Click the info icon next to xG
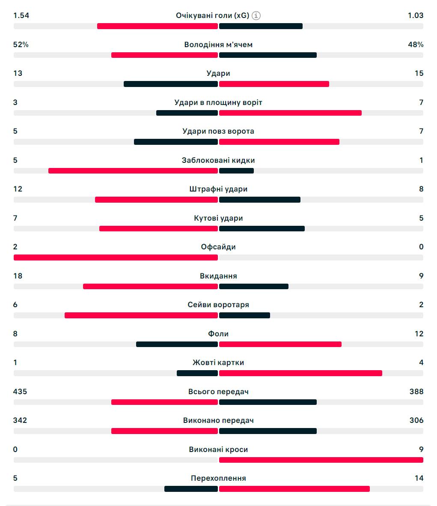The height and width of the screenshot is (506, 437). click(256, 16)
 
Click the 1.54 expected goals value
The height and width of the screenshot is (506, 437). click(21, 15)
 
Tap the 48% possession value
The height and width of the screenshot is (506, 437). click(416, 45)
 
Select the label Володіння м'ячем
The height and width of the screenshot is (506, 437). click(218, 45)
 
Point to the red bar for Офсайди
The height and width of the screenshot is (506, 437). click(116, 257)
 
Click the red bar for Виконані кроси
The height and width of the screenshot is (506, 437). click(321, 460)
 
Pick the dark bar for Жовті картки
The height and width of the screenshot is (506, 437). click(197, 373)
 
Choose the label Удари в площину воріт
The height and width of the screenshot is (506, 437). click(218, 102)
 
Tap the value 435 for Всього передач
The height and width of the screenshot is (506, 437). click(20, 392)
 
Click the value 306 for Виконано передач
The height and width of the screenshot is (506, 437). click(416, 420)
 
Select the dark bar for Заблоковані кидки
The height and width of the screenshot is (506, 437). click(236, 171)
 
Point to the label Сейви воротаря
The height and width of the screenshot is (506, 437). click(218, 305)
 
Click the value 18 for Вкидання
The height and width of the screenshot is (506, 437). click(18, 276)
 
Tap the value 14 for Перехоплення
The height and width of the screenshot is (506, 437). click(419, 478)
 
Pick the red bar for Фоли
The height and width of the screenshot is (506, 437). click(280, 344)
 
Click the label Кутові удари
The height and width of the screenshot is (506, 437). click(218, 218)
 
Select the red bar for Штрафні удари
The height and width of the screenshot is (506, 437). click(156, 200)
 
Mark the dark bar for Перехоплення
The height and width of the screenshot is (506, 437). click(191, 489)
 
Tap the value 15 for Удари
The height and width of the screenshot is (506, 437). click(419, 73)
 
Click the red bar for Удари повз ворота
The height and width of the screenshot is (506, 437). click(279, 142)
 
